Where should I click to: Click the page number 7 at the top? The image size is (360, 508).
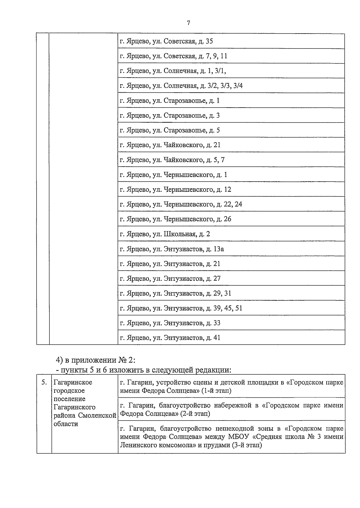pyautogui.click(x=188, y=23)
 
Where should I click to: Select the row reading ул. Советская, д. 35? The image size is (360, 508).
pyautogui.click(x=166, y=41)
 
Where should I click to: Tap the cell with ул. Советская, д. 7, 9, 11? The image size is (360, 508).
pyautogui.click(x=173, y=56)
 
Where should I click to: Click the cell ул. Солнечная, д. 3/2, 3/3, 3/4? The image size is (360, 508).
pyautogui.click(x=181, y=86)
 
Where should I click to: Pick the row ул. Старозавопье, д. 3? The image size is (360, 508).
pyautogui.click(x=170, y=115)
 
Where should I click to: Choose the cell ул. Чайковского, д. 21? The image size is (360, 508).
pyautogui.click(x=170, y=145)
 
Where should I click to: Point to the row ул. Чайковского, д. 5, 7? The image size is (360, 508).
pyautogui.click(x=172, y=160)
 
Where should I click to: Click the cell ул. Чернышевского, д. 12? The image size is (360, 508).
pyautogui.click(x=175, y=189)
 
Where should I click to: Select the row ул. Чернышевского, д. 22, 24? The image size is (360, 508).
pyautogui.click(x=181, y=204)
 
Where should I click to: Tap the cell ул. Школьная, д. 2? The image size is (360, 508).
pyautogui.click(x=165, y=234)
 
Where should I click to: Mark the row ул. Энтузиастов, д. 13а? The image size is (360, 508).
pyautogui.click(x=172, y=249)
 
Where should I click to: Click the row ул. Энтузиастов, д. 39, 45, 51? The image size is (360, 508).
pyautogui.click(x=181, y=308)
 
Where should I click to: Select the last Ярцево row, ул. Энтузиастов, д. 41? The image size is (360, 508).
pyautogui.click(x=170, y=338)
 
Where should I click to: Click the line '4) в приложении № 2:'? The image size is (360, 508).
pyautogui.click(x=96, y=360)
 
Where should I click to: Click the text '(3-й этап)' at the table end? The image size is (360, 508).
pyautogui.click(x=247, y=445)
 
